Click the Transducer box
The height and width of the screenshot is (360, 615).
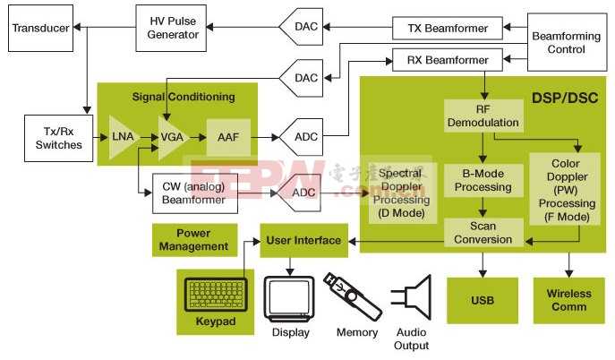pyautogui.click(x=39, y=28)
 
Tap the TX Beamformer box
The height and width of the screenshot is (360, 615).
pyautogui.click(x=443, y=28)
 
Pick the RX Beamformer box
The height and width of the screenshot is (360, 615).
pyautogui.click(x=443, y=61)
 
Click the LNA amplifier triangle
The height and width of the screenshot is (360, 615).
pyautogui.click(x=122, y=137)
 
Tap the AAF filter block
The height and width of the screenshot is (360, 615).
pyautogui.click(x=227, y=137)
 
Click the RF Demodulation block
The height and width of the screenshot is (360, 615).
pyautogui.click(x=483, y=116)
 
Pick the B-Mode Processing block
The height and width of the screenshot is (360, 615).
pyautogui.click(x=483, y=181)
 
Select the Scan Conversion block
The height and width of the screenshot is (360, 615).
pyautogui.click(x=483, y=233)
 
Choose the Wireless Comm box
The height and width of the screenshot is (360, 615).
pyautogui.click(x=569, y=300)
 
